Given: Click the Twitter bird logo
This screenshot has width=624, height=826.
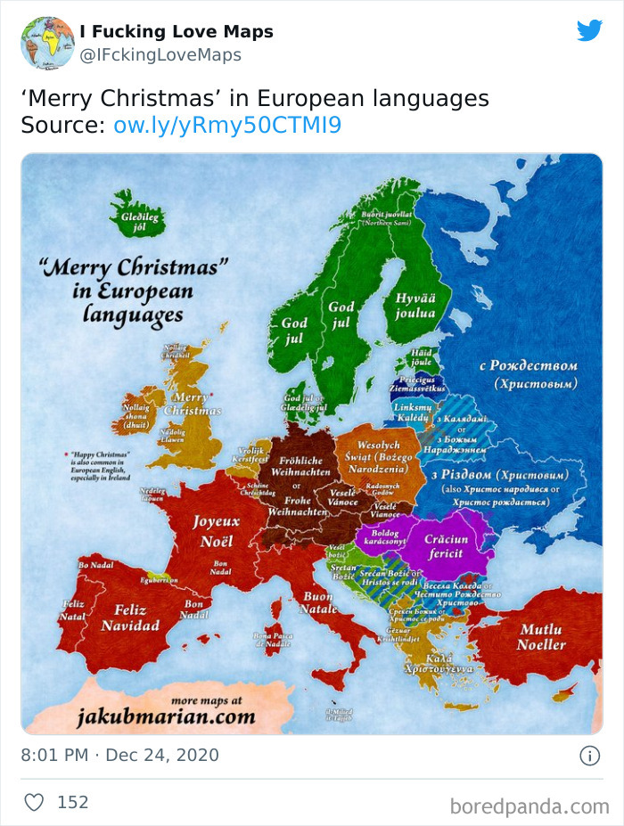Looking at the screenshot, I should [589, 30].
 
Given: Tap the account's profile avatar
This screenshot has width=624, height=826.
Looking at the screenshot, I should [47, 43].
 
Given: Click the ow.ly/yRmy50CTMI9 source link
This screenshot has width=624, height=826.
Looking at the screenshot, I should [227, 125].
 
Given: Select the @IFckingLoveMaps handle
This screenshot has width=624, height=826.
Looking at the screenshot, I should [160, 55].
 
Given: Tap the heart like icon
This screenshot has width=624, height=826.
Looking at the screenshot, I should [34, 802].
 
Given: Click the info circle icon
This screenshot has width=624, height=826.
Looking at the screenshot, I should [589, 756].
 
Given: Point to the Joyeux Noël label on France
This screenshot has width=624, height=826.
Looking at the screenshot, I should [217, 532].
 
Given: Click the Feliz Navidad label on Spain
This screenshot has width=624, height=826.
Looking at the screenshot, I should [130, 617].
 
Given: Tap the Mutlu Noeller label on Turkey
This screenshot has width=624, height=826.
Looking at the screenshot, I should [541, 636].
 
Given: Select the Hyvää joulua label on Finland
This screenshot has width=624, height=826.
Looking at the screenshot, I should [415, 306].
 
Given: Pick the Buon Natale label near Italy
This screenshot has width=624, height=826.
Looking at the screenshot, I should [319, 602].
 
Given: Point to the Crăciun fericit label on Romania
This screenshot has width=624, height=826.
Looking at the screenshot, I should [445, 546].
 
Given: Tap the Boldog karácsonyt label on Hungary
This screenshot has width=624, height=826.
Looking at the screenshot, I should [382, 536].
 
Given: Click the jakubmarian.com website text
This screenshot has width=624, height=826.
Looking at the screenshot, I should [167, 716].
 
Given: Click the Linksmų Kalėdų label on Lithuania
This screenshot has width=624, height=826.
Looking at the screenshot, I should [412, 413].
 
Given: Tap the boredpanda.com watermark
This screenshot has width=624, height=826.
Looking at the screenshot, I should [529, 806].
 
